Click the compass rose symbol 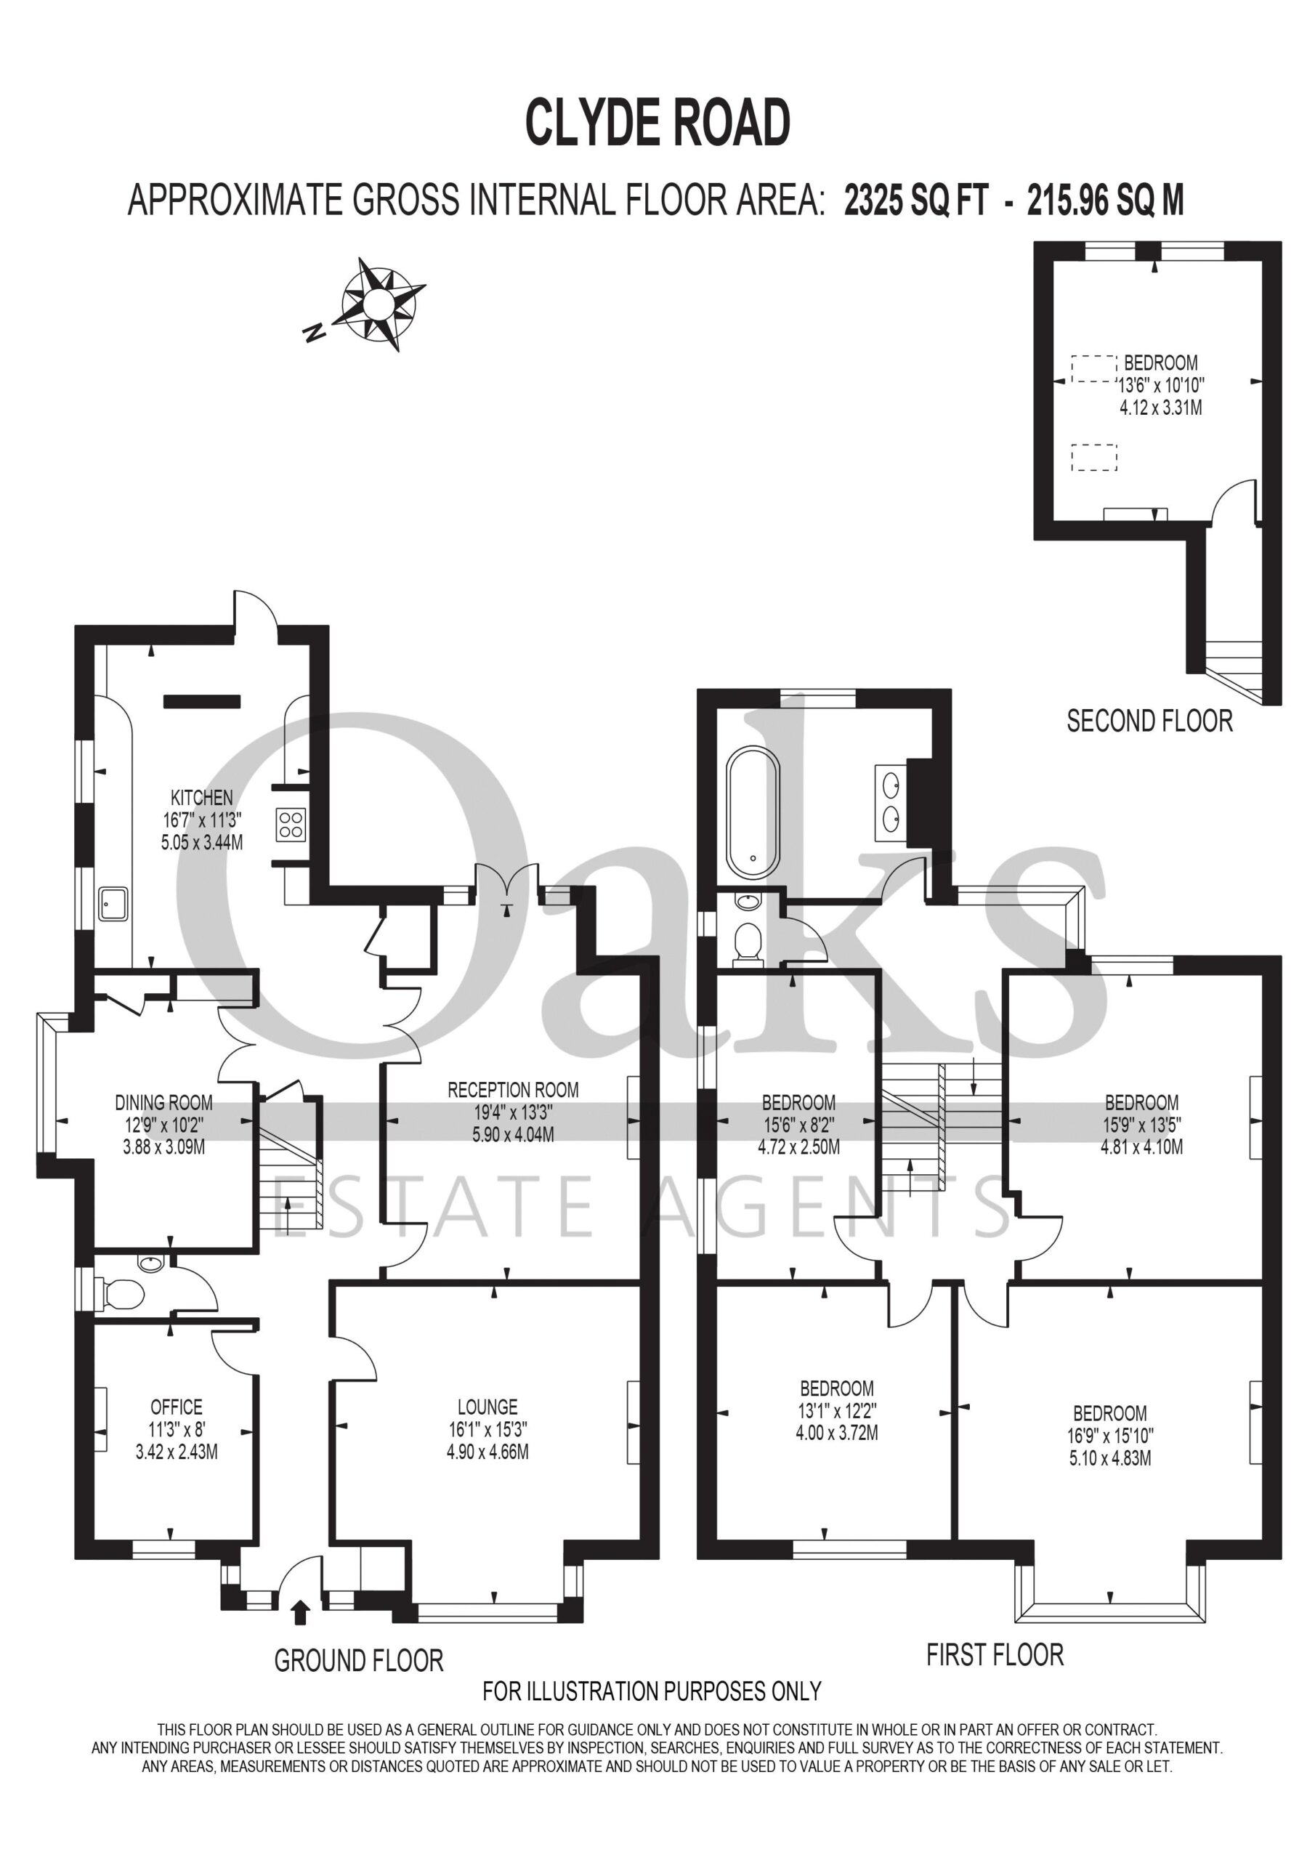[x=379, y=304]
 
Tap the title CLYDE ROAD [x=658, y=123]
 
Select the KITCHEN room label [x=202, y=798]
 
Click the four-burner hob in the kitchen [x=290, y=825]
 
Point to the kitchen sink [x=113, y=903]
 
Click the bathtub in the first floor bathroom [x=753, y=812]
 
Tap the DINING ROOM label [x=163, y=1102]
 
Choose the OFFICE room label [x=177, y=1407]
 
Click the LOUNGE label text [x=487, y=1407]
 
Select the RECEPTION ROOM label [x=513, y=1090]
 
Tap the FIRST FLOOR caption [x=995, y=1654]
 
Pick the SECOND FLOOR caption [x=1149, y=720]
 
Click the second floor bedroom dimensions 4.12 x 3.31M [x=1160, y=408]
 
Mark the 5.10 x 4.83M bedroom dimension [x=1110, y=1458]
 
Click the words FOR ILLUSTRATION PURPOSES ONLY [x=652, y=1691]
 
